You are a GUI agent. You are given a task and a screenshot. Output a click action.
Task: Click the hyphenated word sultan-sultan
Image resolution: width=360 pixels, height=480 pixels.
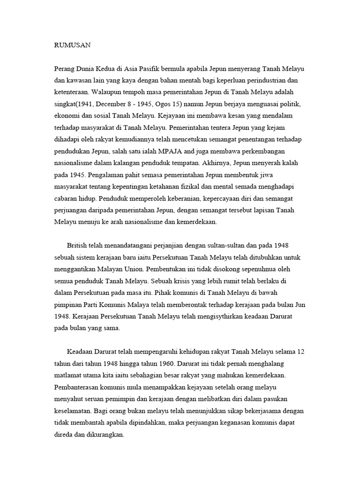pyautogui.click(x=239, y=245)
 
